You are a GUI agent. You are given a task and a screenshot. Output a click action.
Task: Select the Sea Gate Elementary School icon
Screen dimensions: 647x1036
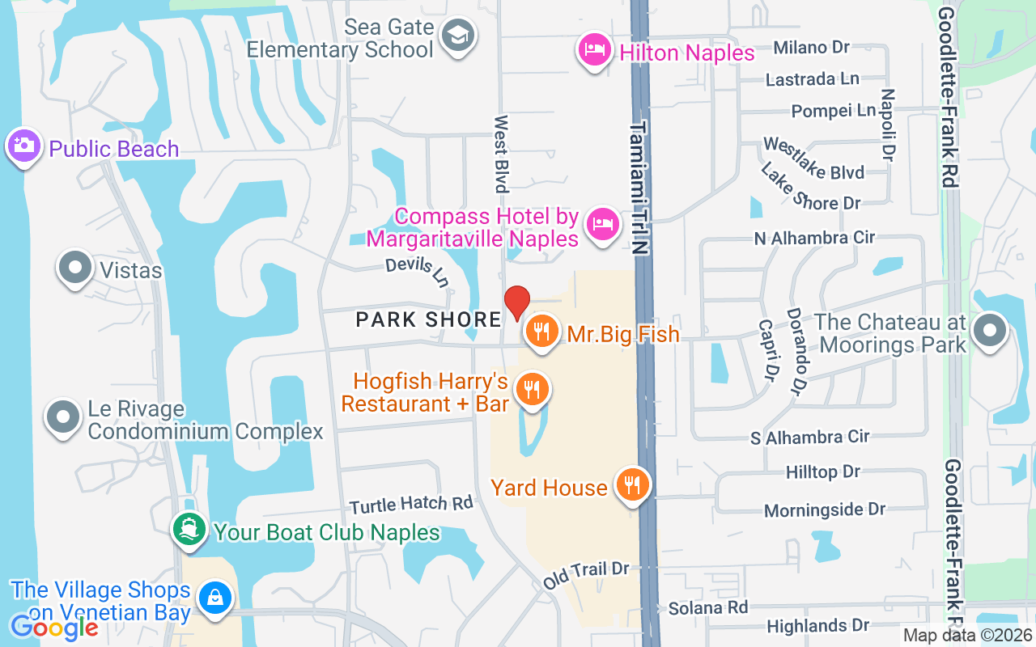pos(459,35)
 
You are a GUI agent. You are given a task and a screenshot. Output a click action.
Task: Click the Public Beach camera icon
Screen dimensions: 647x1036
pos(24,146)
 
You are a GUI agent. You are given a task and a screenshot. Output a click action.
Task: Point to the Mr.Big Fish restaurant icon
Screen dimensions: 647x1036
pos(541,332)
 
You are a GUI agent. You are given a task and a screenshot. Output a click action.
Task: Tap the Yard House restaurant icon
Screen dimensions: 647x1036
pos(632,485)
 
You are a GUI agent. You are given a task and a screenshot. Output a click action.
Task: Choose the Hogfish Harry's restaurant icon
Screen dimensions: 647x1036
pos(532,390)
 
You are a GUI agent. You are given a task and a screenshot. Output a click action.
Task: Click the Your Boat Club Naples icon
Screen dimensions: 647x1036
pos(189,530)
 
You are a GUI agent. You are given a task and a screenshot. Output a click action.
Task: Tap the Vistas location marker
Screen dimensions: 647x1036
pos(75,268)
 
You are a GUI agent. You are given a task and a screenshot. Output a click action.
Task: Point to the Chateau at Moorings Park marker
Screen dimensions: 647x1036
pos(988,332)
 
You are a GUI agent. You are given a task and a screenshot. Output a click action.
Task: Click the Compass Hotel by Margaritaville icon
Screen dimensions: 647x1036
pos(602,222)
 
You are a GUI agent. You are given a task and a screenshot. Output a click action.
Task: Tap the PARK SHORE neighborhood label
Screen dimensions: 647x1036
pos(429,319)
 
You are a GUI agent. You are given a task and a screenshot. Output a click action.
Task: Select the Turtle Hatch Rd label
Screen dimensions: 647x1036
pos(411,505)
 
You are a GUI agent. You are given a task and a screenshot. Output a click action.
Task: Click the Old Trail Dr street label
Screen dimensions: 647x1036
pos(586,569)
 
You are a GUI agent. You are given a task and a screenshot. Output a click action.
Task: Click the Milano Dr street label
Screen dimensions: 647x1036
pos(811,47)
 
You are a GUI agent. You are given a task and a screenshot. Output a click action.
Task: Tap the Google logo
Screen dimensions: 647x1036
pos(54,627)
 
